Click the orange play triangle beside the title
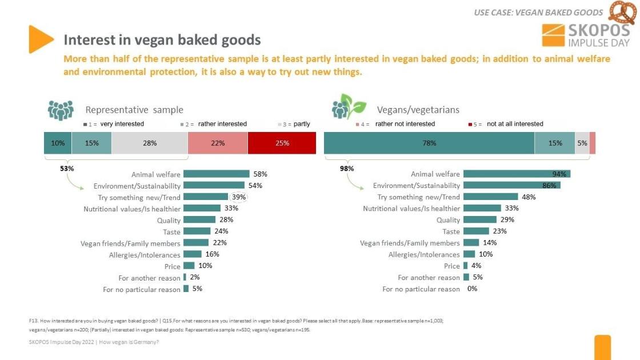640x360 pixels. tap(41, 39)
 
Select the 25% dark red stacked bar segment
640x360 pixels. tap(282, 143)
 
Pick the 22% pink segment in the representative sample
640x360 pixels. tap(218, 143)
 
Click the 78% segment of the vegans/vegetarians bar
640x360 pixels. tap(429, 143)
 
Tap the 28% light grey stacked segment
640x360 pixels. tap(150, 143)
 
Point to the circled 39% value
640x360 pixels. tap(239, 197)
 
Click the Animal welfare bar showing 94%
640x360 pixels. tap(517, 174)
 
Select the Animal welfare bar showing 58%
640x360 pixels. tap(216, 174)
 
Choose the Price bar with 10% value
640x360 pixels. tap(189, 266)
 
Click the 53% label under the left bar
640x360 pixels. tap(67, 169)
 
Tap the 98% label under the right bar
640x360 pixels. tap(347, 169)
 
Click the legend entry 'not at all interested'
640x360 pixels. tap(514, 124)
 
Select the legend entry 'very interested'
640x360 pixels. tap(122, 124)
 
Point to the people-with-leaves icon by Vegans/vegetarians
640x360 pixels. tap(349, 107)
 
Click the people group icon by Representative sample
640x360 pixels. tap(61, 110)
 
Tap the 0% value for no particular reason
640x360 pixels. tap(472, 289)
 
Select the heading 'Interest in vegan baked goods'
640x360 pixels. tap(162, 40)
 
